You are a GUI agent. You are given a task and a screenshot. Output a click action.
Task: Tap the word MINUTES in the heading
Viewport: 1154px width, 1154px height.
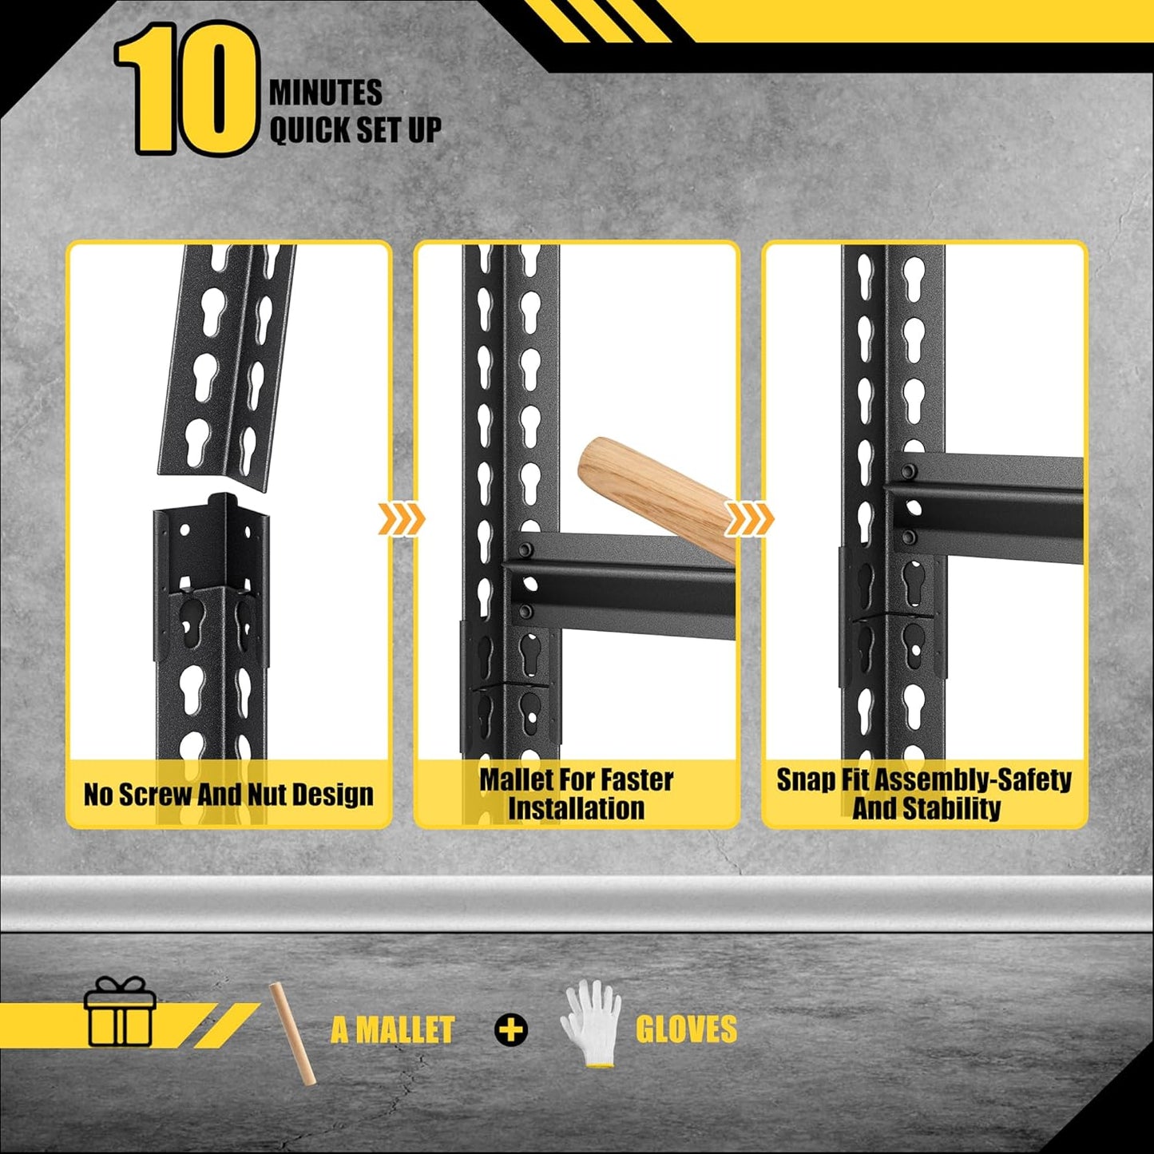pyautogui.click(x=325, y=93)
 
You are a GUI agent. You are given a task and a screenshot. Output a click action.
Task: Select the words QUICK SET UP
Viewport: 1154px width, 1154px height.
pyautogui.click(x=355, y=129)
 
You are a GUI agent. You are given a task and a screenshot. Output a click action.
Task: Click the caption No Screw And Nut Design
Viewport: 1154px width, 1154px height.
pyautogui.click(x=228, y=795)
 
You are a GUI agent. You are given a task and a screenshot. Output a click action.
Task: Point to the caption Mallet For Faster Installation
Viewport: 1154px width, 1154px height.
pyautogui.click(x=576, y=793)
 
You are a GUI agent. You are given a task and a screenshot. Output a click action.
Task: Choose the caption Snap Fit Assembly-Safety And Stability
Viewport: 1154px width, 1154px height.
pyautogui.click(x=924, y=793)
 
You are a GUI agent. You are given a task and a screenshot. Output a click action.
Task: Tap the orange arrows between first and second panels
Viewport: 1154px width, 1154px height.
pyautogui.click(x=401, y=520)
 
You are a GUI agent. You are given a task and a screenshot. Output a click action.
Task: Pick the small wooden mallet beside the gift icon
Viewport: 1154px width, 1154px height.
pyautogui.click(x=291, y=1033)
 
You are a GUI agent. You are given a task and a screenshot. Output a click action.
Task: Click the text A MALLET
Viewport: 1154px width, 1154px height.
pyautogui.click(x=392, y=1029)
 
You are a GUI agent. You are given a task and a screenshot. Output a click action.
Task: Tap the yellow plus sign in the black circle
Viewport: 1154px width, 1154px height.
pyautogui.click(x=511, y=1029)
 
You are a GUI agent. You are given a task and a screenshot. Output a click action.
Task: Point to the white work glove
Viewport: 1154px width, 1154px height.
pyautogui.click(x=592, y=1021)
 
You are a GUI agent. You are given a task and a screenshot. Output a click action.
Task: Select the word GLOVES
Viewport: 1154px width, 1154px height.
pyautogui.click(x=686, y=1029)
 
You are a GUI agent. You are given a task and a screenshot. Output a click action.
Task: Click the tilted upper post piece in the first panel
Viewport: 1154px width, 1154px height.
pyautogui.click(x=227, y=359)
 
